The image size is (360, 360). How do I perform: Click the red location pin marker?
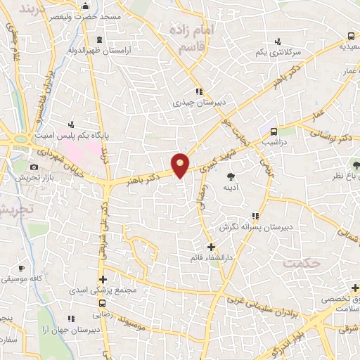[181, 165]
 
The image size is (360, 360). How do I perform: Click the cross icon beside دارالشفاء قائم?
[212, 247]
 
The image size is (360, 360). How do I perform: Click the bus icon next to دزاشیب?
[274, 131]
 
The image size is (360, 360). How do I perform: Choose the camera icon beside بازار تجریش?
[34, 167]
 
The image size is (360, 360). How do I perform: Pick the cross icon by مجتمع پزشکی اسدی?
[103, 280]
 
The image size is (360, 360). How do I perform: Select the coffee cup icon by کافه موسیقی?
[21, 268]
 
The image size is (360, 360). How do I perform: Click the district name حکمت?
[302, 262]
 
